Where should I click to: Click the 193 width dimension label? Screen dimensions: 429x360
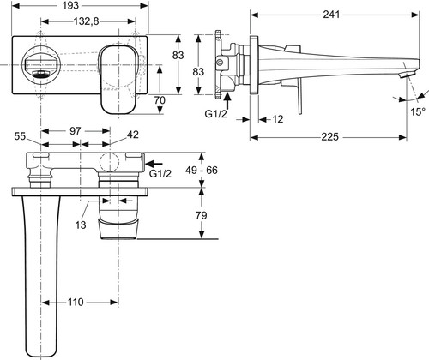[70, 5]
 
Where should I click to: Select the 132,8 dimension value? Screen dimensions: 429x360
[86, 21]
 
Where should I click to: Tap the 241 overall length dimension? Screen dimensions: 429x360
[331, 15]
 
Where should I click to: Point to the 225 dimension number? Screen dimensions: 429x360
[329, 137]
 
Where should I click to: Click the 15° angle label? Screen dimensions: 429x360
[418, 111]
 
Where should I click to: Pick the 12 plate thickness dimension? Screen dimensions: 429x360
[277, 119]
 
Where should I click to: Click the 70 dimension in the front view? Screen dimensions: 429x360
[160, 100]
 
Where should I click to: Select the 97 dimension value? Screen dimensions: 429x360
[76, 131]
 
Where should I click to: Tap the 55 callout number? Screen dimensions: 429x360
[20, 136]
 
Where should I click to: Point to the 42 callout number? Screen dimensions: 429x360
[133, 135]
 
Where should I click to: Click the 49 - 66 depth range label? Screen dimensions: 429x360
[202, 171]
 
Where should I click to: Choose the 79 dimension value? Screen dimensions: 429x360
[201, 215]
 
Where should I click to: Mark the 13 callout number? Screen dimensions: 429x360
[81, 225]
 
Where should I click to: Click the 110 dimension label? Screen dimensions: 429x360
[76, 302]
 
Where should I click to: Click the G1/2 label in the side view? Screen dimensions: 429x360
[215, 114]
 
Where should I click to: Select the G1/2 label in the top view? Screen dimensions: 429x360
[160, 173]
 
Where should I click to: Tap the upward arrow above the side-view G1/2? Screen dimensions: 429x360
[227, 100]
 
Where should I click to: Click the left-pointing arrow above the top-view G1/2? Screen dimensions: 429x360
[154, 164]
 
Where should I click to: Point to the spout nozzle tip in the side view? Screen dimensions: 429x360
[406, 75]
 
